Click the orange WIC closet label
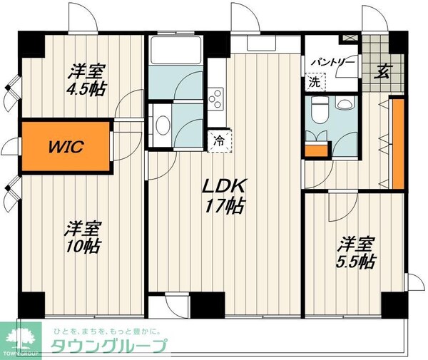click(x=66, y=148)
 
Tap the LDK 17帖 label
click(x=224, y=196)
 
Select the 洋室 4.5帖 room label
click(x=87, y=81)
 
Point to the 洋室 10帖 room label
click(x=83, y=238)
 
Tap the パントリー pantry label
click(x=332, y=63)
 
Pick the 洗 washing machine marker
click(x=315, y=81)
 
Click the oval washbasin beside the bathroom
click(x=163, y=125)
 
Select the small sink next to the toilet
click(x=345, y=105)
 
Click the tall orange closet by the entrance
click(x=397, y=143)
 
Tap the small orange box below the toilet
click(x=315, y=150)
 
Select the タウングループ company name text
click(x=109, y=346)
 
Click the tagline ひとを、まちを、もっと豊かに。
click(x=108, y=330)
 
